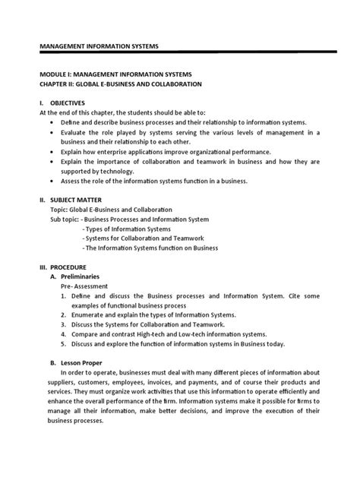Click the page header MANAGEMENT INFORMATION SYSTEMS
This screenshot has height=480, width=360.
click(x=99, y=46)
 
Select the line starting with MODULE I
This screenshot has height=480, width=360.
click(x=115, y=74)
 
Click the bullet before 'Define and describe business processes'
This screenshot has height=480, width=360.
click(x=52, y=122)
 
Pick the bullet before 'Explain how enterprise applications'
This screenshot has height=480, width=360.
click(x=52, y=151)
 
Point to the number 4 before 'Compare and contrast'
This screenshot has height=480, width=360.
click(x=64, y=335)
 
